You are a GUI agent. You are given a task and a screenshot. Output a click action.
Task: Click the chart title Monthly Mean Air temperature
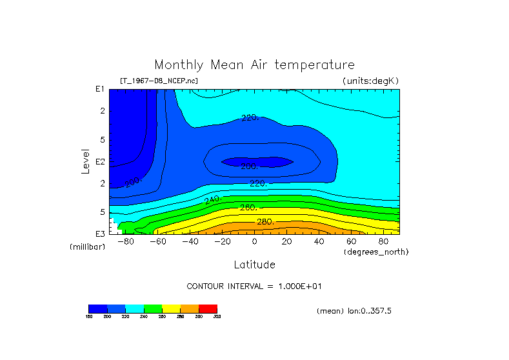click(254, 65)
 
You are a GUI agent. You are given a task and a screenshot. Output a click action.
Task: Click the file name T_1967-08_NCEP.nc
click(159, 81)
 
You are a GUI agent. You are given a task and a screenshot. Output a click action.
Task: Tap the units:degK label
click(370, 81)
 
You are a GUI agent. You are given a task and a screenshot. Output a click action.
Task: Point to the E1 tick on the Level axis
click(100, 89)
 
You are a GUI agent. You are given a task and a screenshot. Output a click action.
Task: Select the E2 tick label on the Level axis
click(100, 162)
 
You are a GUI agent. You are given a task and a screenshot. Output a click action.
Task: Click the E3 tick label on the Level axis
click(100, 234)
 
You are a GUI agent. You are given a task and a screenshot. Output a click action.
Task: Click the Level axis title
click(85, 161)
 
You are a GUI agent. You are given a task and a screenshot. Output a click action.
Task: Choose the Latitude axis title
click(254, 265)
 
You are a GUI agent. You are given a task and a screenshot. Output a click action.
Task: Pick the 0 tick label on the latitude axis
click(254, 242)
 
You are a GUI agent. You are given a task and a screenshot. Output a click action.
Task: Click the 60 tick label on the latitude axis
click(351, 242)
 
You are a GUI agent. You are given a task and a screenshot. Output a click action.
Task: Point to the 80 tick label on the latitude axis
click(383, 242)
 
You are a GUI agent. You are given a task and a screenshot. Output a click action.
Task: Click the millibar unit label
click(87, 247)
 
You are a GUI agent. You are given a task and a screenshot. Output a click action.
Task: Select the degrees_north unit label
click(376, 252)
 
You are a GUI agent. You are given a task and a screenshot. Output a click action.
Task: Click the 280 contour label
click(265, 222)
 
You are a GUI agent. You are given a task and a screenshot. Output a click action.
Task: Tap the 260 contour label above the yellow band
click(248, 208)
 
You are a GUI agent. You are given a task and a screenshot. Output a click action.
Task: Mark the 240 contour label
click(212, 201)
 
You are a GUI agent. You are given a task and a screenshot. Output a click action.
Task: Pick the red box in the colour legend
click(208, 308)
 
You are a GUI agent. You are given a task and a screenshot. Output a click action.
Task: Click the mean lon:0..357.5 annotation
click(354, 311)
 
